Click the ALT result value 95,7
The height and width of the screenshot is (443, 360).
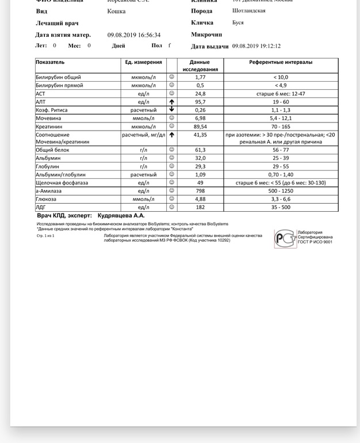coord(200,102)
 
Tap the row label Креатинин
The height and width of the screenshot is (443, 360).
coord(49,127)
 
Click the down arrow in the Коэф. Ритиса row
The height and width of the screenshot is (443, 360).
coord(171,110)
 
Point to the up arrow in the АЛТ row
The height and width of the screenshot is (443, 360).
coord(171,102)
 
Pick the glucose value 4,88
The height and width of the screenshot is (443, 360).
coord(200,199)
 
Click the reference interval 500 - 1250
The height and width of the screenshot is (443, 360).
coord(281,191)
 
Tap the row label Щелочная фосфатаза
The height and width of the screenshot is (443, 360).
coord(60,182)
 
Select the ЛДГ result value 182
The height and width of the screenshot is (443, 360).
coord(200,207)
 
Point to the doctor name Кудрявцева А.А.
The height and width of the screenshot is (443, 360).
coord(121,215)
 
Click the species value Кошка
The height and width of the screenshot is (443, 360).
coord(117,11)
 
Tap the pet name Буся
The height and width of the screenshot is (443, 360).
coord(238,22)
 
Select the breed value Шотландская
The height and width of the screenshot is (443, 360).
coord(248,11)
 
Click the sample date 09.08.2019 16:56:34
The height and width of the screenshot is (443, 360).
coord(134,35)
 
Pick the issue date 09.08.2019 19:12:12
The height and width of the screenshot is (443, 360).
coord(256,45)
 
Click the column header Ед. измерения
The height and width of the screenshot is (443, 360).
coord(143,62)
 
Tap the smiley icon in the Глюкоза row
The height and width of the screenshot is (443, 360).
coord(171,199)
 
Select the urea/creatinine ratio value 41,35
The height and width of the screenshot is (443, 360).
coord(200,135)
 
